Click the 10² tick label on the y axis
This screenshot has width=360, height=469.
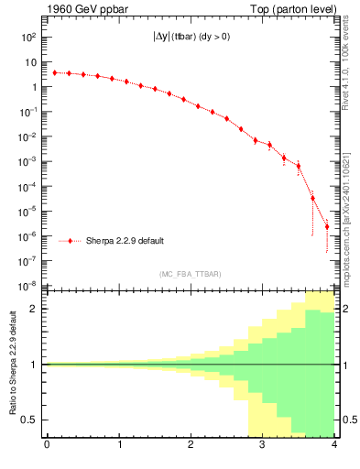point(28,38)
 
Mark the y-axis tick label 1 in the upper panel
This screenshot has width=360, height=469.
point(33,88)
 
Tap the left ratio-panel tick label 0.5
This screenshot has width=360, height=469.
point(30,420)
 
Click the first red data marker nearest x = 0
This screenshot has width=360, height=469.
point(54,72)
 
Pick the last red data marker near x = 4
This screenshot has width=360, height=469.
point(327,226)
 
